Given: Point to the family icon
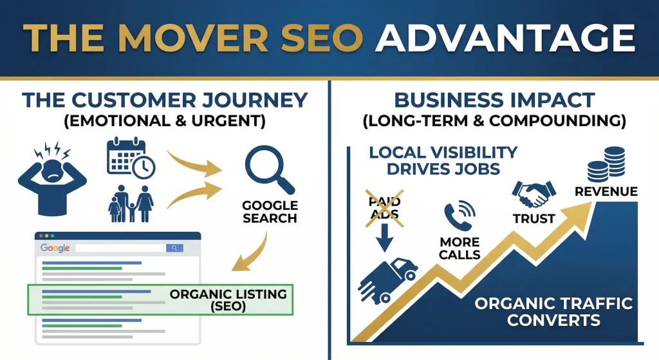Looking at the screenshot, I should click(131, 204).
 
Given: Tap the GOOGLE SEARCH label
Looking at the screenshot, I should click(270, 212).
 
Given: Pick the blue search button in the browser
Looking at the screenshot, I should click(174, 248).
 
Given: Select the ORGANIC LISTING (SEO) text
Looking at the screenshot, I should click(228, 300).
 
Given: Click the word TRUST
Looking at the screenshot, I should click(534, 219).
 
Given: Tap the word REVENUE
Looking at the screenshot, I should click(606, 191).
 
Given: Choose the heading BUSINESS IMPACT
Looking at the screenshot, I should click(495, 100).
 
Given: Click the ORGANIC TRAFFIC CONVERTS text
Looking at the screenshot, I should click(553, 311).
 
